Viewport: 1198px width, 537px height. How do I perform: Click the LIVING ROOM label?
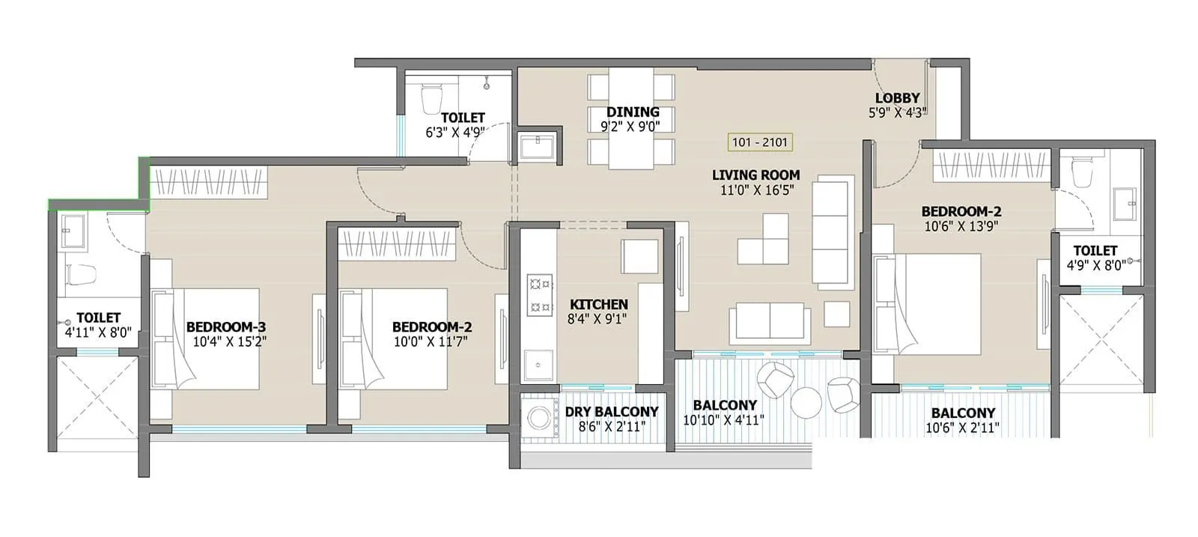tap(755, 175)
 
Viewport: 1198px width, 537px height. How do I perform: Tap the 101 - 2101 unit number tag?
tap(760, 142)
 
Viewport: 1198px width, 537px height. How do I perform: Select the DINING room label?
tap(633, 112)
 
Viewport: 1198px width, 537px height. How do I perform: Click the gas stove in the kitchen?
tap(539, 294)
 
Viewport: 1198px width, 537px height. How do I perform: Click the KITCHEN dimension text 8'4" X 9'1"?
tap(598, 319)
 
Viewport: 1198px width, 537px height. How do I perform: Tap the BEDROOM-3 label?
tap(225, 327)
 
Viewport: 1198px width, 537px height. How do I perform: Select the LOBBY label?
tap(897, 98)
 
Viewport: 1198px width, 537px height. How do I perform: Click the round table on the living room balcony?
tap(806, 402)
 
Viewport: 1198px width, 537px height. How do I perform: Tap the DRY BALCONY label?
tap(611, 412)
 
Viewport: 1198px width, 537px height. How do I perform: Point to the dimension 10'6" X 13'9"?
tap(961, 226)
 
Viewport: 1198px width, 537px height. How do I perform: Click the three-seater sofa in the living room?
tap(833, 232)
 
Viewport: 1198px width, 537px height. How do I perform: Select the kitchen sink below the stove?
tap(538, 366)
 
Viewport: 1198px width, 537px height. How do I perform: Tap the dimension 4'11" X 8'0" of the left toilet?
tap(98, 333)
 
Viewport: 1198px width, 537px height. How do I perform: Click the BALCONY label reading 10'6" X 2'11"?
tap(963, 413)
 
